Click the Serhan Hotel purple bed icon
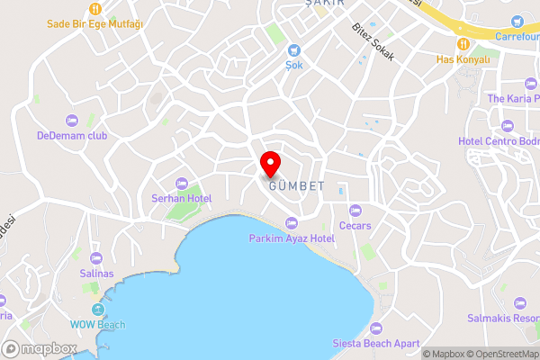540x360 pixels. (x=182, y=184)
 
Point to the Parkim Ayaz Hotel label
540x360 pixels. (x=292, y=238)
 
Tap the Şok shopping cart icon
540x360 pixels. (x=293, y=49)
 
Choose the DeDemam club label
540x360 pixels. (x=72, y=136)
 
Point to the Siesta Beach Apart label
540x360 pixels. (x=376, y=343)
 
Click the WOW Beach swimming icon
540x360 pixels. (x=98, y=309)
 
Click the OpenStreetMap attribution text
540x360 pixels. (x=499, y=354)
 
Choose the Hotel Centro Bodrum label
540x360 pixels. (x=499, y=141)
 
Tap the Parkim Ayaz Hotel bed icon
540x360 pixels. (x=291, y=223)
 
